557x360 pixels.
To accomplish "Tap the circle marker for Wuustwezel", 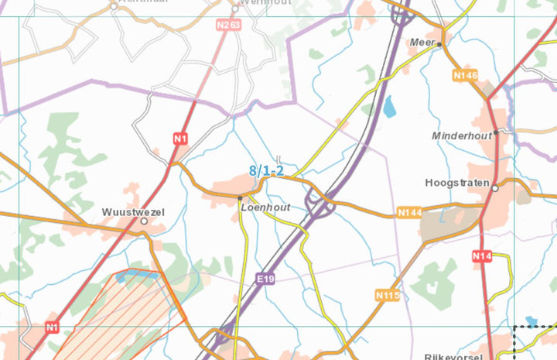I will [x=144, y=221].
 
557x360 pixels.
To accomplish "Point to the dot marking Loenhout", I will [x=240, y=198].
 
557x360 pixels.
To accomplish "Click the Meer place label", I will [x=423, y=43].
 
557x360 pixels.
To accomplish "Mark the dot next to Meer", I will [x=439, y=44].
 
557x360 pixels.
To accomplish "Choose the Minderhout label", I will [x=462, y=135].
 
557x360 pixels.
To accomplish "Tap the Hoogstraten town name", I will [x=457, y=183].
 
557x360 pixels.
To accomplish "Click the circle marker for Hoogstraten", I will [x=495, y=187].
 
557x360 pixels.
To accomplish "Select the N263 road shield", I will [x=228, y=25].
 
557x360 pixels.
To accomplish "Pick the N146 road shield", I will [x=466, y=75].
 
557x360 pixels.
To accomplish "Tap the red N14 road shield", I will [x=481, y=255].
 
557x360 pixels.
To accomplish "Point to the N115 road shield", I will [x=387, y=295].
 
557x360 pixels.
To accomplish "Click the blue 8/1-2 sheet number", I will [x=267, y=171].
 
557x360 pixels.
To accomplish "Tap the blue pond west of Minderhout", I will [x=389, y=107].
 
